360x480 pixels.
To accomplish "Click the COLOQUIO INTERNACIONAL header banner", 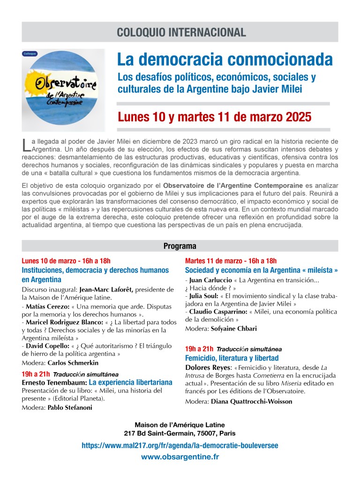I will pos(180,32).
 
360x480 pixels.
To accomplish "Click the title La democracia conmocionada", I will pos(225,60).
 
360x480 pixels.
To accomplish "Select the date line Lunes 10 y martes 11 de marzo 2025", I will pos(214,116).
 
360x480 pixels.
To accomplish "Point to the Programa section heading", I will pos(180,246).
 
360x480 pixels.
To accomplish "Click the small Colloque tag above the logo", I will pos(30,54).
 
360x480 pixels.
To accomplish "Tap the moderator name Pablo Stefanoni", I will pos(70,407).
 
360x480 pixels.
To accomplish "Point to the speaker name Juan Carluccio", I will pos(207,280).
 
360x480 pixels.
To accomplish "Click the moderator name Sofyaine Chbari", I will pos(233,329).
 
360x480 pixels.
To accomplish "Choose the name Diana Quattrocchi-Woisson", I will pos(251,401).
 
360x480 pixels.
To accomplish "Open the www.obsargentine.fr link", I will pos(180,456).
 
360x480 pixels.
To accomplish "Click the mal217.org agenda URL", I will pos(180,445).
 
